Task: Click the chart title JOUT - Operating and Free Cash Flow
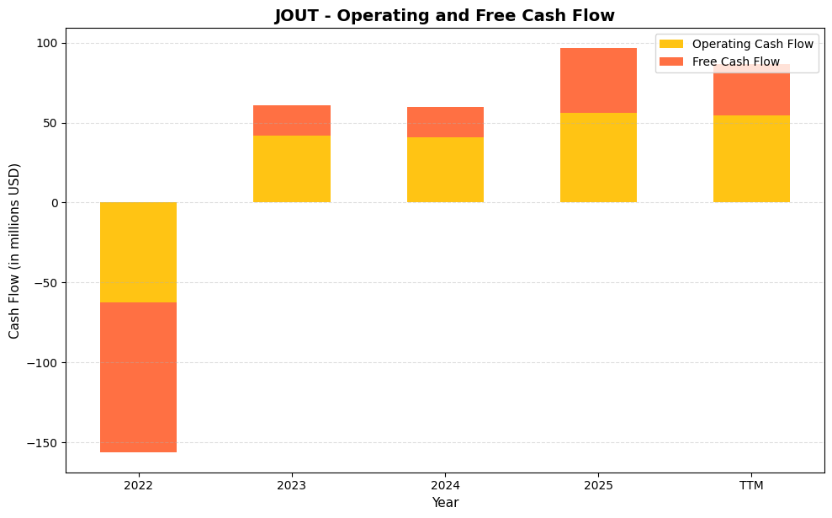(444, 15)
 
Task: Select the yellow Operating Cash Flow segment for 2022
(138, 252)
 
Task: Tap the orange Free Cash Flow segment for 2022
(138, 376)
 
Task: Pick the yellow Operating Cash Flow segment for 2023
(291, 168)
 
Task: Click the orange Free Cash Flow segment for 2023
(291, 120)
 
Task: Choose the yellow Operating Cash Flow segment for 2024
(445, 169)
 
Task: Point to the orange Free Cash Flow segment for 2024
(445, 122)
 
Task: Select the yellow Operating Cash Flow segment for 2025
(598, 158)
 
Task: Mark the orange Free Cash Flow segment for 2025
(598, 80)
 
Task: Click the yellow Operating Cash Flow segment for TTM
(751, 158)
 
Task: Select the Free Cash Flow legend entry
(735, 61)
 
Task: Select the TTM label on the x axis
(751, 485)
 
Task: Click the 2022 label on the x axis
(138, 485)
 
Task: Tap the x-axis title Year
(445, 503)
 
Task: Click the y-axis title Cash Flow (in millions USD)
(14, 251)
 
